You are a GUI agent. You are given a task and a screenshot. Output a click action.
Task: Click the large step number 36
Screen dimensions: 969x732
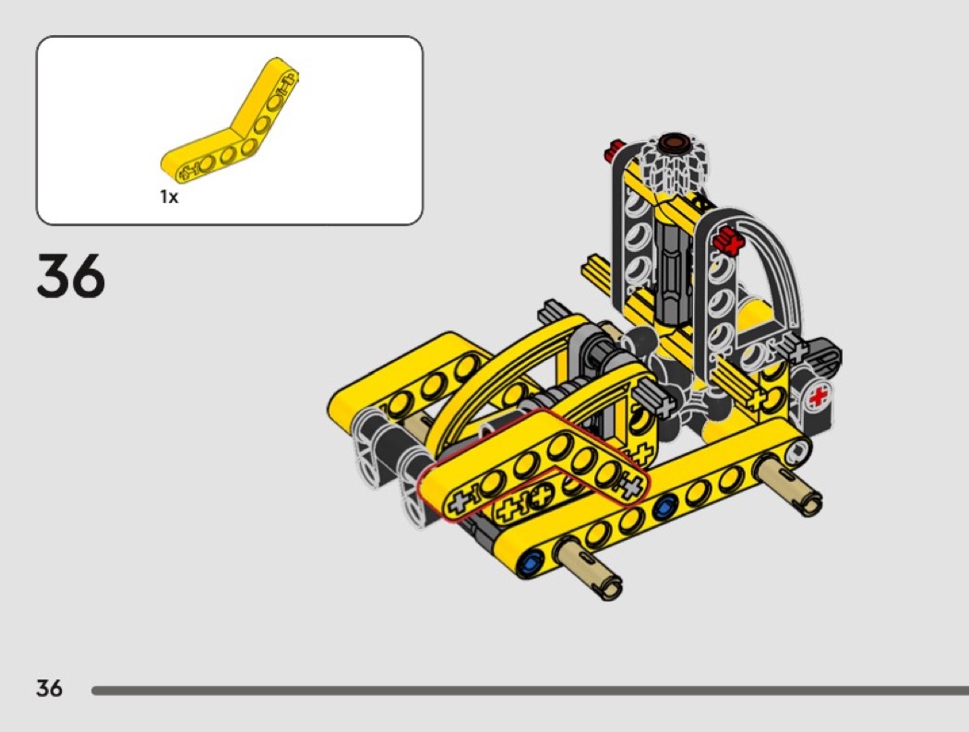click(71, 275)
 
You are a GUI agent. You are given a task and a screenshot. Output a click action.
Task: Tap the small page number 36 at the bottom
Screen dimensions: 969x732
click(50, 688)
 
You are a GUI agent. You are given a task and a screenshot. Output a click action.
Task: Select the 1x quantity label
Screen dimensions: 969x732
click(169, 198)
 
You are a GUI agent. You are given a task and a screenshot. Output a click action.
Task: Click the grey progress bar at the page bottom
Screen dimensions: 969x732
click(531, 690)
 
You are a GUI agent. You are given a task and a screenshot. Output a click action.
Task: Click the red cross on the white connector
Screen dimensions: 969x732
click(819, 397)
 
